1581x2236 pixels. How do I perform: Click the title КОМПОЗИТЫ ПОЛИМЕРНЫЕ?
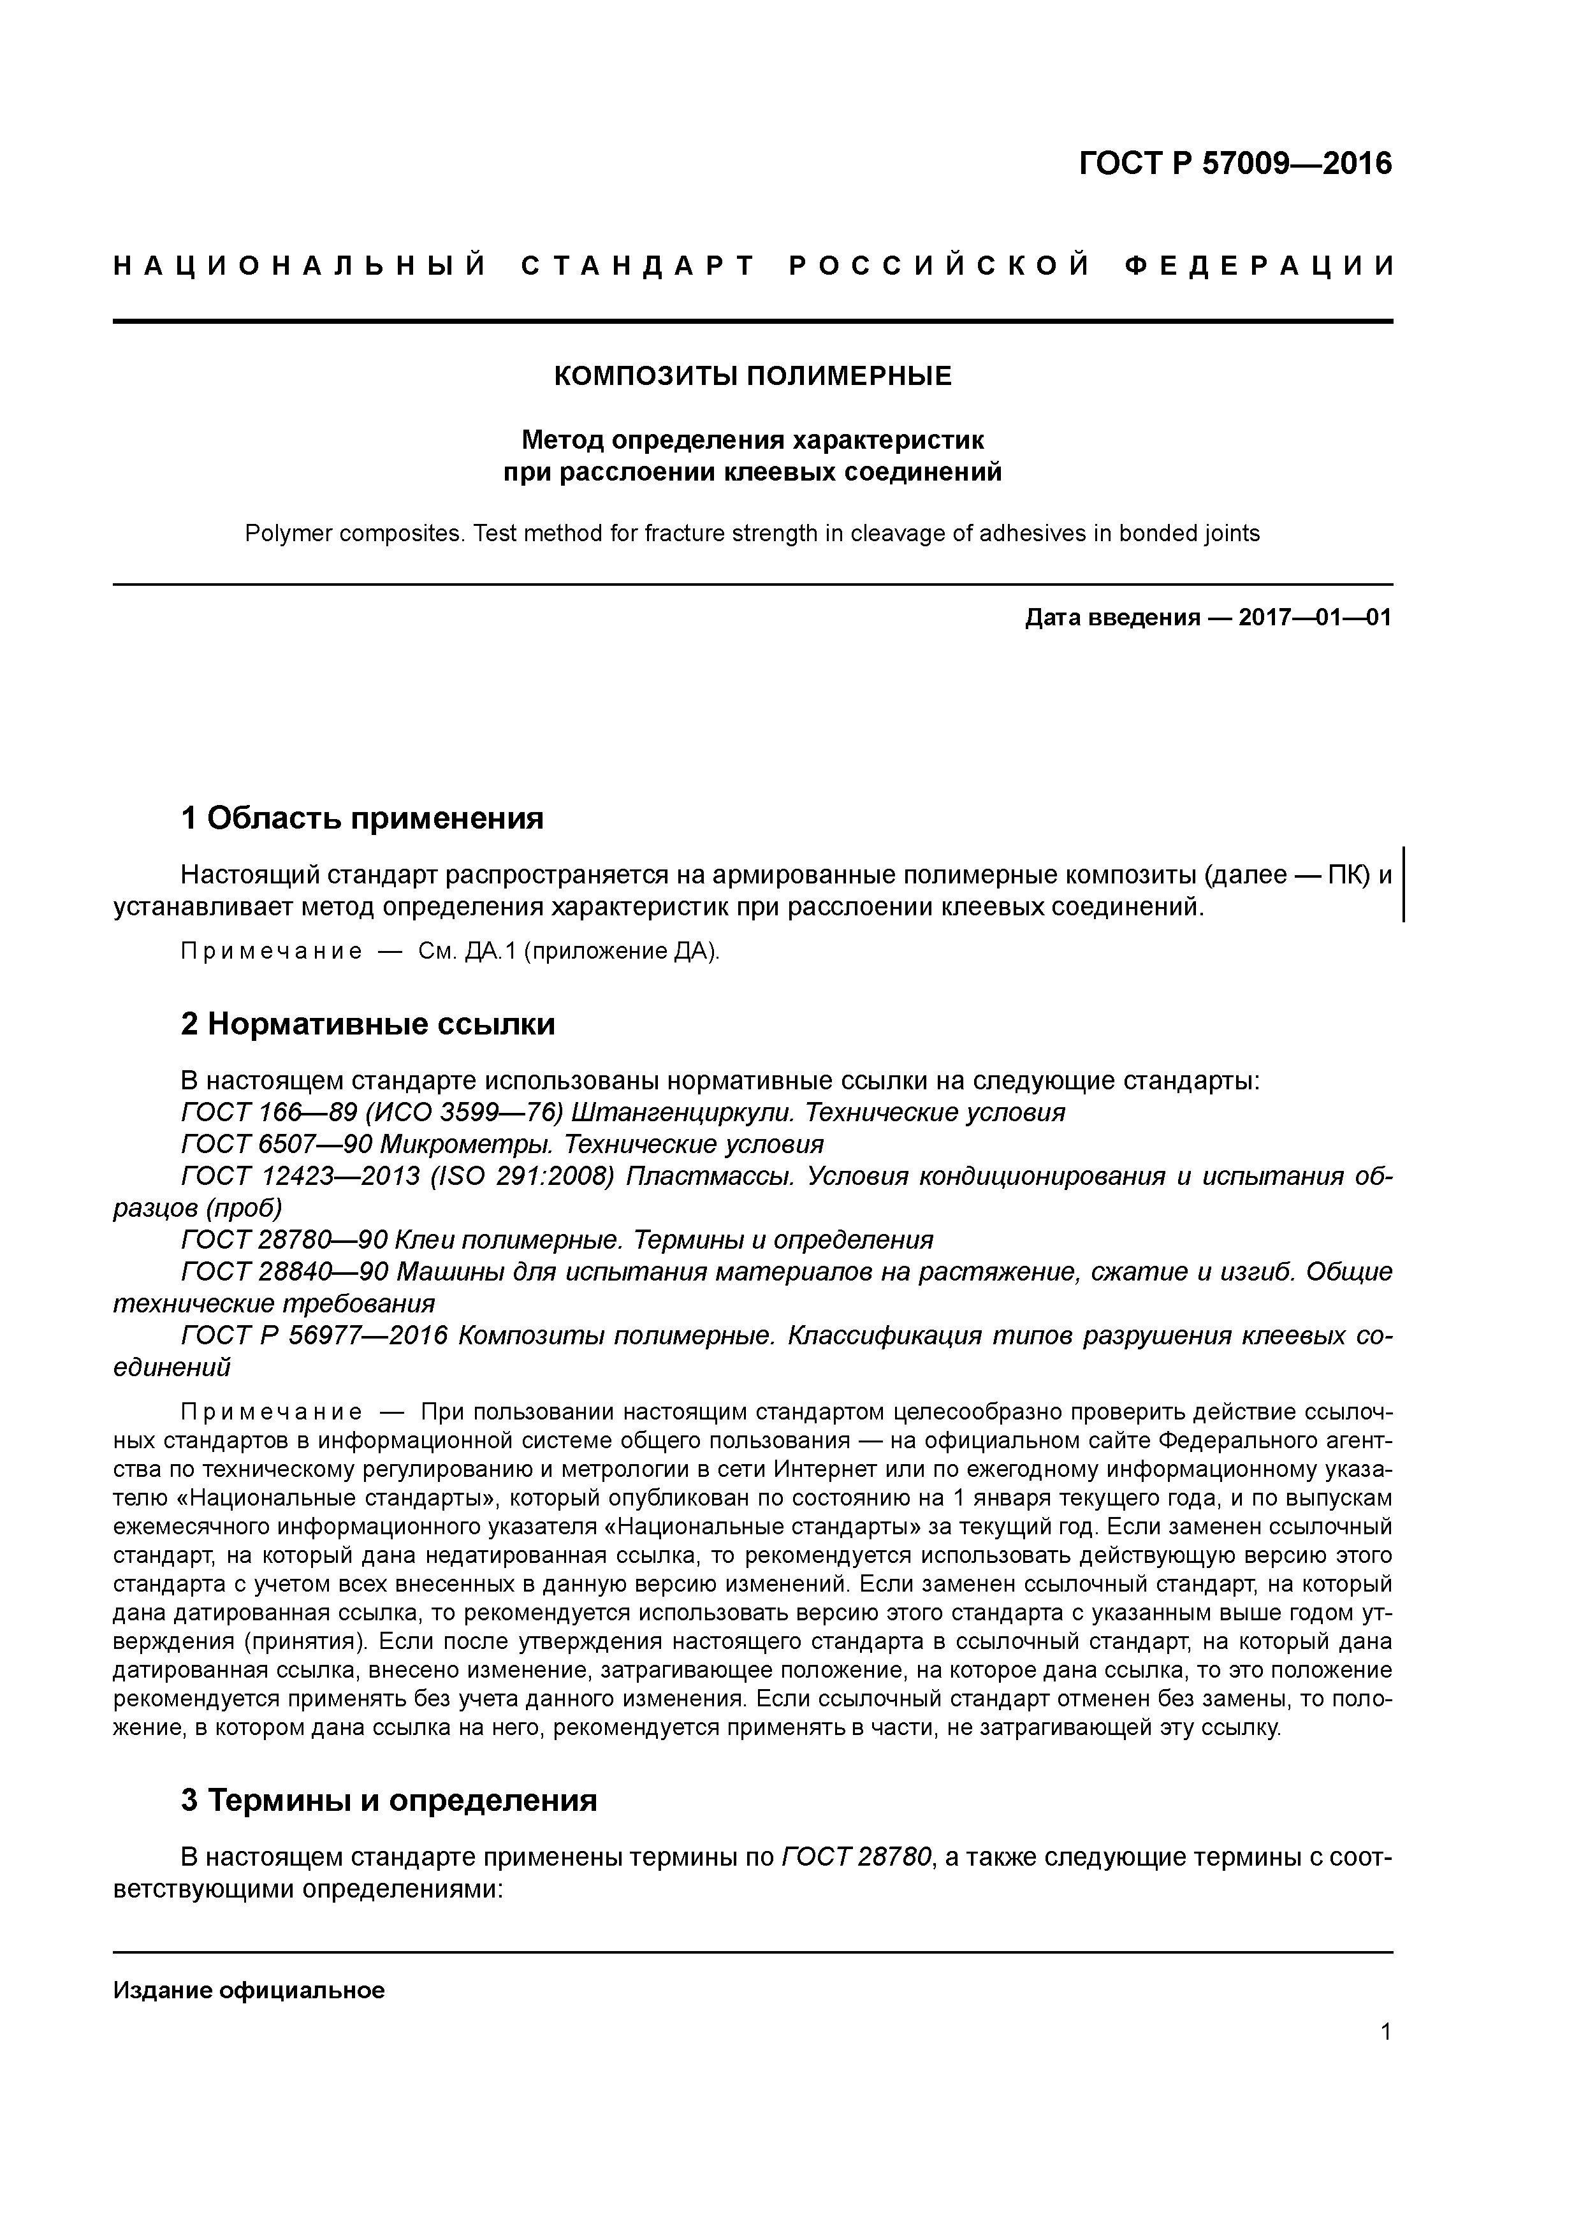752,376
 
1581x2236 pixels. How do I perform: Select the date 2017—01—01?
1314,618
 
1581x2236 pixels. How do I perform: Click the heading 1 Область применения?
361,818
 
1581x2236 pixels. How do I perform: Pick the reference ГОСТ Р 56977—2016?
314,1335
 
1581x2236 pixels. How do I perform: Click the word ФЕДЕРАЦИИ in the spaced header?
1260,266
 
